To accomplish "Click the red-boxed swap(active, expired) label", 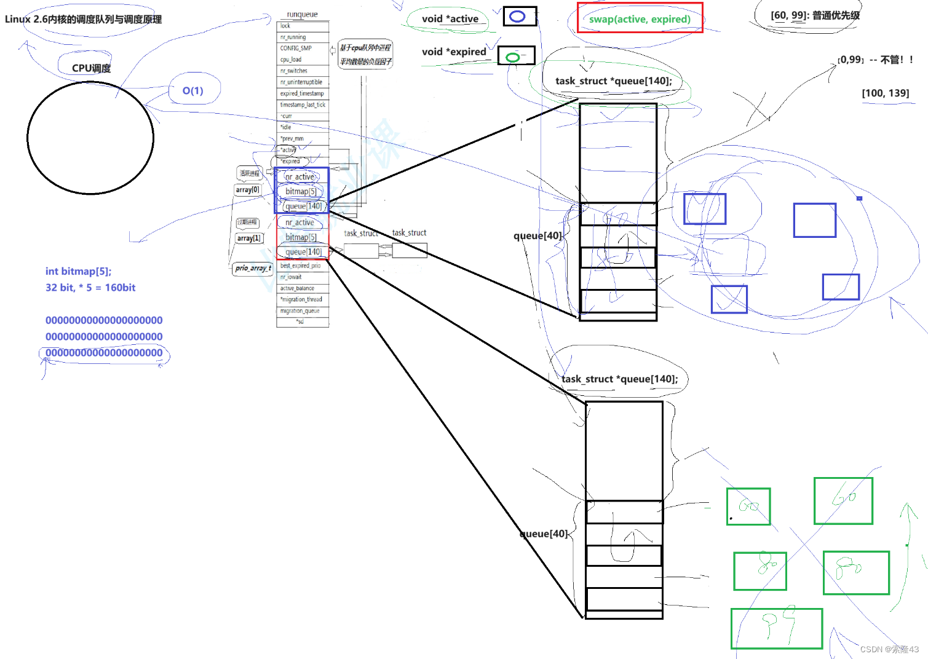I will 640,18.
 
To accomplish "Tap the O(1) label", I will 192,91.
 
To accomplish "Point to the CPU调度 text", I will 91,68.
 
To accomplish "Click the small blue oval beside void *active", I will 517,17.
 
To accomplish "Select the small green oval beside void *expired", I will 512,57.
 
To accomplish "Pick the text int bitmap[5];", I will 78,271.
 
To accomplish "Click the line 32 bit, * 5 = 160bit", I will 90,287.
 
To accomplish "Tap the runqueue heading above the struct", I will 302,14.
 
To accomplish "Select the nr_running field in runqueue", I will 293,37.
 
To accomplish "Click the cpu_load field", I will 291,60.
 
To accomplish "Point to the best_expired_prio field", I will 301,266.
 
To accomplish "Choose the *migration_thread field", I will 301,299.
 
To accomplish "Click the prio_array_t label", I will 253,268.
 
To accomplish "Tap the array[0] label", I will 247,190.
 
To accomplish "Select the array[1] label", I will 248,238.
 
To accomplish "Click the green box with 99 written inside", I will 776,628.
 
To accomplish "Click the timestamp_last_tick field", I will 303,105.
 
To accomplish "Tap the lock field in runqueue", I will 285,26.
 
